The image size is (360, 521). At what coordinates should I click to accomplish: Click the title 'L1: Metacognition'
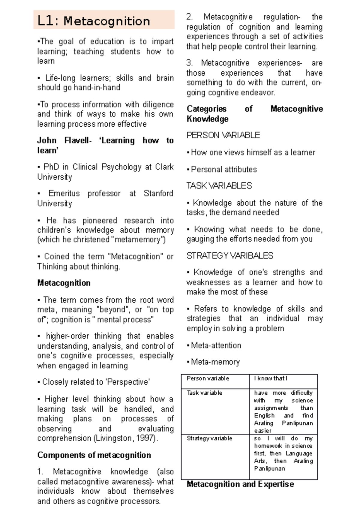click(x=94, y=21)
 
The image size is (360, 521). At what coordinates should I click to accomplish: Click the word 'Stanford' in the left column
click(x=158, y=193)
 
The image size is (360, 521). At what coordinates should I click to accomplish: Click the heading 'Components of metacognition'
click(x=94, y=455)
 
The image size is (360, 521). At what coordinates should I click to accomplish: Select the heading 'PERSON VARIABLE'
click(x=223, y=135)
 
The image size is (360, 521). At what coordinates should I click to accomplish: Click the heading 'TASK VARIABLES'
click(x=219, y=186)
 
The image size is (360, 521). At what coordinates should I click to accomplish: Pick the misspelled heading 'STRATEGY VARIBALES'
click(x=230, y=256)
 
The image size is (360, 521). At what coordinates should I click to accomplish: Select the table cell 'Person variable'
click(x=208, y=378)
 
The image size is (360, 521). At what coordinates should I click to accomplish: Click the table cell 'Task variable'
click(x=204, y=393)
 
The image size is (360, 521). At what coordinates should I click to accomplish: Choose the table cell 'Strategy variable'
click(x=209, y=438)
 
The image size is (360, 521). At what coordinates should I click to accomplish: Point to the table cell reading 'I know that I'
click(x=271, y=378)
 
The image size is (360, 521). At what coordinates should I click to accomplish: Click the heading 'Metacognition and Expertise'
click(x=240, y=484)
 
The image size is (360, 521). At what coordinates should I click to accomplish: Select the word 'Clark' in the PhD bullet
click(x=164, y=167)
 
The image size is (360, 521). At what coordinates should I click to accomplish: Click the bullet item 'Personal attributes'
click(x=223, y=170)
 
